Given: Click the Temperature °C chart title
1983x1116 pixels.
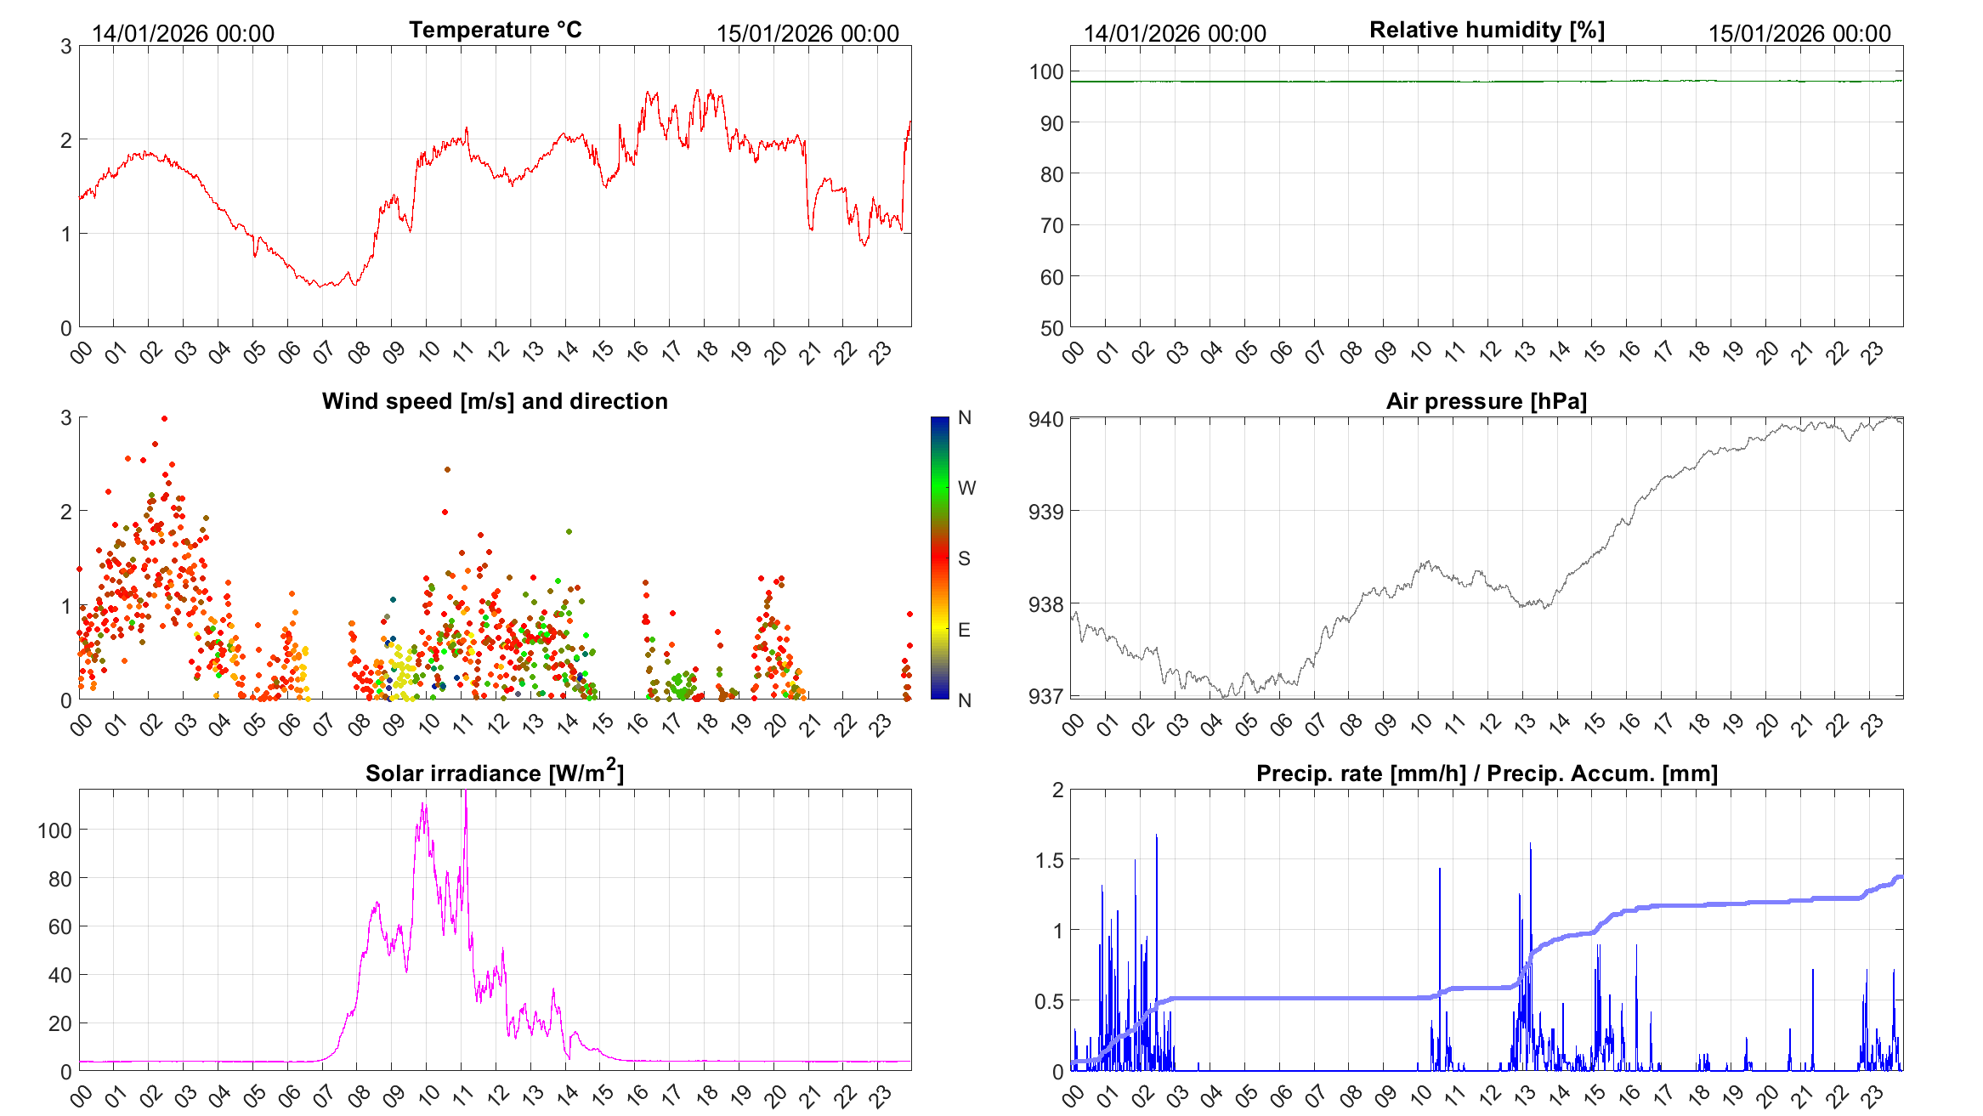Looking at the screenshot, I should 495,30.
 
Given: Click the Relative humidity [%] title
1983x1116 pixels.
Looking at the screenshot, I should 1487,30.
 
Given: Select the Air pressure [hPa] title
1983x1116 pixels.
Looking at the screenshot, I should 1486,401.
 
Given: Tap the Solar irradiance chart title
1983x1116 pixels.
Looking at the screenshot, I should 494,773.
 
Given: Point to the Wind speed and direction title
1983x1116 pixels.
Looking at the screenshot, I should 495,401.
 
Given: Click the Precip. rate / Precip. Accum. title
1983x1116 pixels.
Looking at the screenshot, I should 1487,773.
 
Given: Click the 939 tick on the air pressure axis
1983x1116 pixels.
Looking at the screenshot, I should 1045,512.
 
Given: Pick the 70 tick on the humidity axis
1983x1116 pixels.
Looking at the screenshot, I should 1051,225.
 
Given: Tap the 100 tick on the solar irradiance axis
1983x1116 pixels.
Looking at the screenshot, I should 54,830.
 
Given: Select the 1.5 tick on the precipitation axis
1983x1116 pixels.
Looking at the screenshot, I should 1049,860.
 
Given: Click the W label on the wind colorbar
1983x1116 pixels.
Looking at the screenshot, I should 966,488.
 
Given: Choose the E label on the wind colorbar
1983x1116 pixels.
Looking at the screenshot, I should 964,630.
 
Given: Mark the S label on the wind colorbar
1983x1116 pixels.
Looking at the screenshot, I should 964,558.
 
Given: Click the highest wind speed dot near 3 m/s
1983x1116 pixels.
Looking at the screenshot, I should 164,418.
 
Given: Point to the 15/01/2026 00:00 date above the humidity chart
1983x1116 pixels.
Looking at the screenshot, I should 1799,34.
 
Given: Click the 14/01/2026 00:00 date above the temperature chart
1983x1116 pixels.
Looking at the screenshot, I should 183,34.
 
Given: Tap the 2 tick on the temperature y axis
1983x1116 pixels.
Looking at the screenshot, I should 66,140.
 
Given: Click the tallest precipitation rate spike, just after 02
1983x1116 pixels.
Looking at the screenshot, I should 1156,836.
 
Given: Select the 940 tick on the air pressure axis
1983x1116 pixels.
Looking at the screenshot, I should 1045,419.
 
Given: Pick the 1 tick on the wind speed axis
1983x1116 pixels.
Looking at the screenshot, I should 66,606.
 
